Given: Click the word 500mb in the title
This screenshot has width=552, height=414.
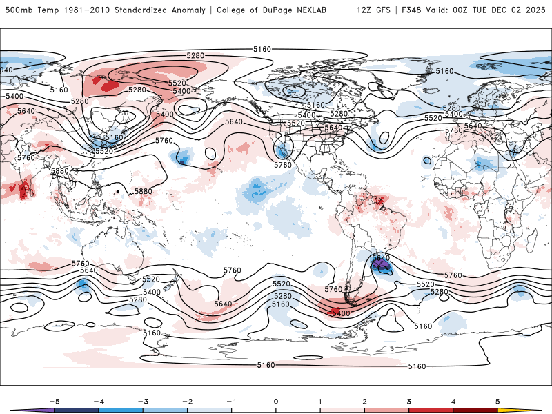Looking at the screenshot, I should (x=17, y=10).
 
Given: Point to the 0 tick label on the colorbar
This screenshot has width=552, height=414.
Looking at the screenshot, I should (x=275, y=401).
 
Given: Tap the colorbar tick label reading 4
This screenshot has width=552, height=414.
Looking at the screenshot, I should (x=453, y=401).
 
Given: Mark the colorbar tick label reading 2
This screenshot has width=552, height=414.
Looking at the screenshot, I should (x=364, y=401).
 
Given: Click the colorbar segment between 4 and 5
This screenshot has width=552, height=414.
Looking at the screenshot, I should (x=475, y=411).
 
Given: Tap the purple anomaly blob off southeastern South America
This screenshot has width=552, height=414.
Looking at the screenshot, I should (x=380, y=264).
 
